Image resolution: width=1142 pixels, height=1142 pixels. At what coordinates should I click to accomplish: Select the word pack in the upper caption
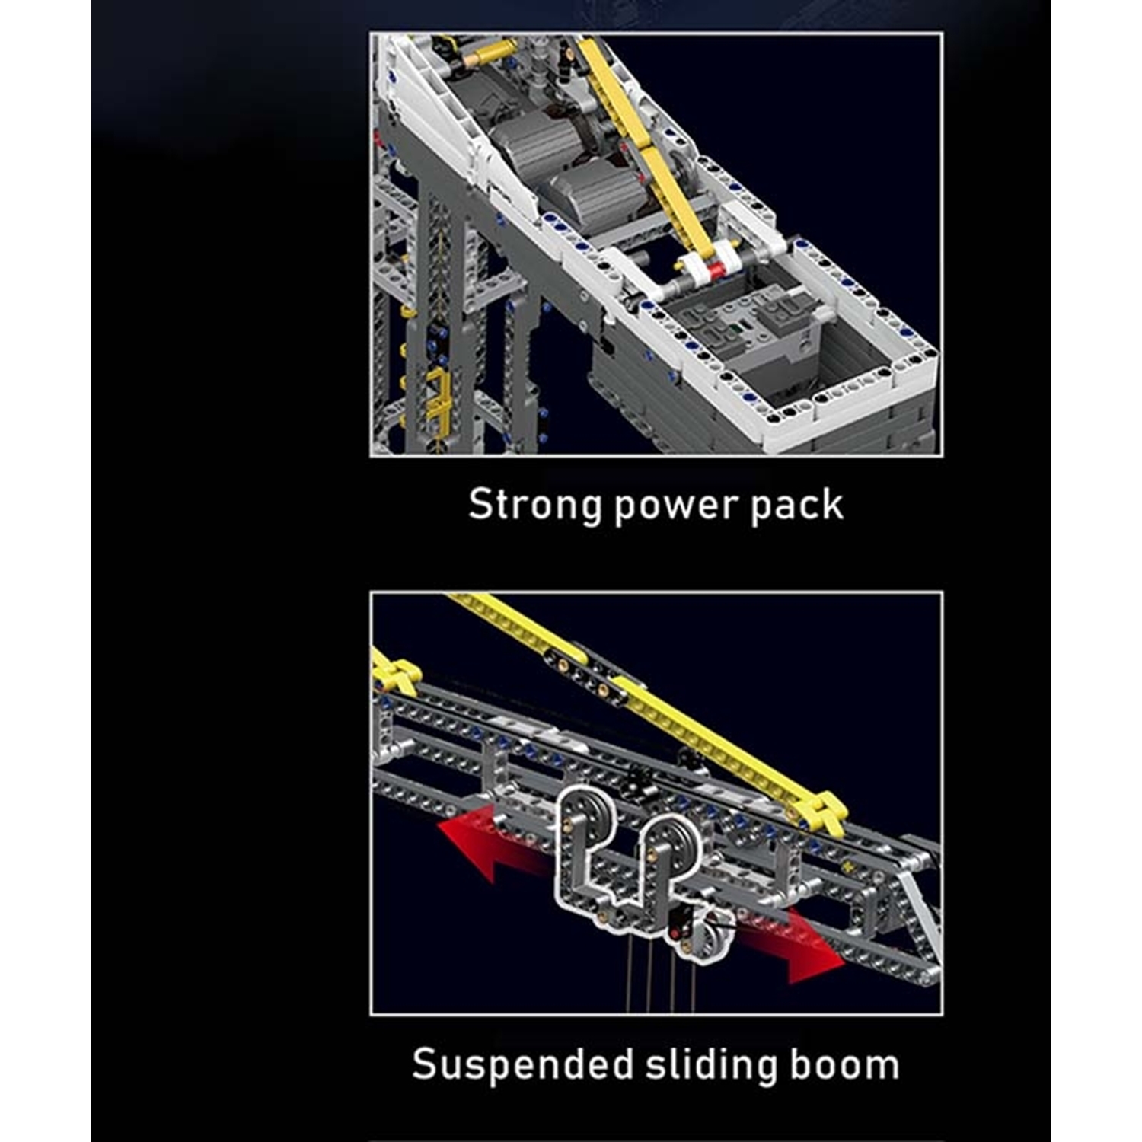click(x=797, y=505)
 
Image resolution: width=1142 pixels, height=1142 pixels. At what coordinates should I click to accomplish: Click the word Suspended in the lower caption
click(x=522, y=1064)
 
